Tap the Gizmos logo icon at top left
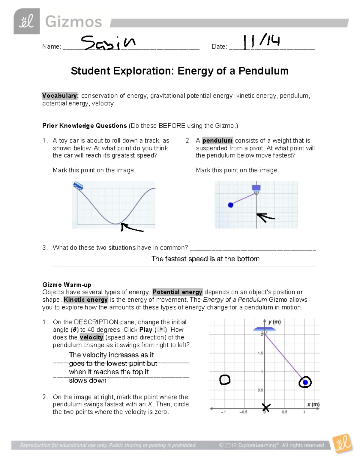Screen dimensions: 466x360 click(26, 21)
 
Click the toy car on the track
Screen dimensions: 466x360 click(78, 186)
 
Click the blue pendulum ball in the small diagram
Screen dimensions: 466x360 click(230, 205)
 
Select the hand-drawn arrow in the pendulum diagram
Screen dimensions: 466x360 click(265, 217)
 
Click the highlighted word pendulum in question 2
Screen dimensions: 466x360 click(217, 141)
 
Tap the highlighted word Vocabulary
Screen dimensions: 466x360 click(60, 96)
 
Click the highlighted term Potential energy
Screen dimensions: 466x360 click(177, 292)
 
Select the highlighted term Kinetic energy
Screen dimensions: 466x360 click(85, 300)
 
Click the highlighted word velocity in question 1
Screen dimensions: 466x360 click(91, 337)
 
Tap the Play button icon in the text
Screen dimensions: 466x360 click(161, 329)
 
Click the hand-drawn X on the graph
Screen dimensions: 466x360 click(266, 408)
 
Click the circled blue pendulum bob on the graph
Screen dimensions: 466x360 click(305, 382)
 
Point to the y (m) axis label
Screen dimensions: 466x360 click(274, 322)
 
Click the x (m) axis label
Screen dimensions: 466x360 click(313, 405)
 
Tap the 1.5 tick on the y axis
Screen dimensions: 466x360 click(260, 353)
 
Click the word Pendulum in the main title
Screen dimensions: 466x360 click(263, 71)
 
